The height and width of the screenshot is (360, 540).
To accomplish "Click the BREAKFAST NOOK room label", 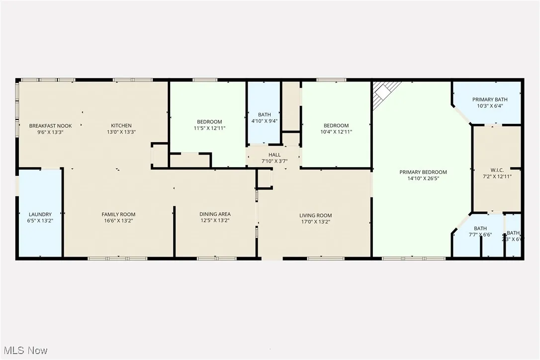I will (x=50, y=126).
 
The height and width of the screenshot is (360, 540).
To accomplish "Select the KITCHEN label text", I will (x=121, y=126).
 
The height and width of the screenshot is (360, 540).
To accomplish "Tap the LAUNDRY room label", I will (x=40, y=215).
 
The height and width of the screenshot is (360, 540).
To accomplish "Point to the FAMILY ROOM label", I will (x=118, y=215).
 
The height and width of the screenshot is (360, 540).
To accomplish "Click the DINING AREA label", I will (x=215, y=214).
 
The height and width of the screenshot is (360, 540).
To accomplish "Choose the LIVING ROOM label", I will (x=315, y=216).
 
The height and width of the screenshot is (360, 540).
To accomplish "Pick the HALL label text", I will (x=274, y=155).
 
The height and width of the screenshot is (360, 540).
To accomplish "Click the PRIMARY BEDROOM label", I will (x=423, y=172).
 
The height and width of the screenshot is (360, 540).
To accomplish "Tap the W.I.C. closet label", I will (x=496, y=170).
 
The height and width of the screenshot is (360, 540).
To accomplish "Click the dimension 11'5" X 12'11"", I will (x=209, y=128).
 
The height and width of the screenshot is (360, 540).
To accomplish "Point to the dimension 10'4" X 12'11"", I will (x=336, y=132).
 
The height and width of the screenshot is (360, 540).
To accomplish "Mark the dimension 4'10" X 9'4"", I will (x=264, y=121).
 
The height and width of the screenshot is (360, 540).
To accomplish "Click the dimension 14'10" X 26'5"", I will (x=423, y=179).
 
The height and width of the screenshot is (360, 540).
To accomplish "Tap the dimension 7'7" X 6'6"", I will (x=480, y=235).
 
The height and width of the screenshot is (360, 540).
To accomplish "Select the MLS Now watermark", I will (x=24, y=351).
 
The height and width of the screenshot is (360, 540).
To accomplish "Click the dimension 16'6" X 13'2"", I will (x=118, y=221).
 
